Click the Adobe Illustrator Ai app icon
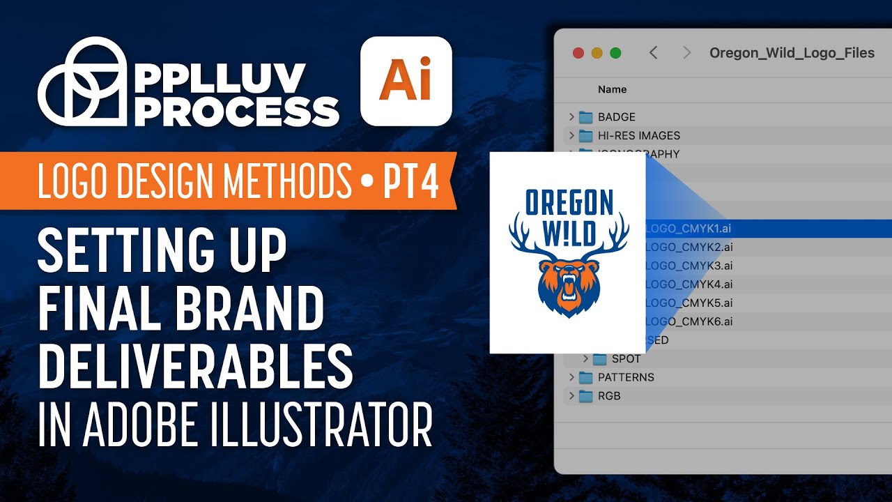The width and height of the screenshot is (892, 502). (406, 81)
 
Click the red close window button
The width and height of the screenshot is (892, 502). (578, 53)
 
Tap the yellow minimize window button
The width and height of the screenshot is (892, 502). (597, 53)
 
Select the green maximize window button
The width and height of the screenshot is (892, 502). (615, 53)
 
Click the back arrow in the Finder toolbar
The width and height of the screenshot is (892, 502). (653, 53)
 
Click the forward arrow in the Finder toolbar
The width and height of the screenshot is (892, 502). (687, 53)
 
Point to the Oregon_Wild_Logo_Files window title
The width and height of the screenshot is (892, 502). (792, 53)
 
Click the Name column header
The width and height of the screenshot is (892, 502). (612, 89)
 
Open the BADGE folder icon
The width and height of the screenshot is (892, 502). (585, 117)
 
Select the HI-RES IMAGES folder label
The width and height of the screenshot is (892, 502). (638, 135)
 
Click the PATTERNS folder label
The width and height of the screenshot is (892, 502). (626, 377)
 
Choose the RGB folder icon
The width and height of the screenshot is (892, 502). (585, 396)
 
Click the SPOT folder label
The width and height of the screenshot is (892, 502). (626, 359)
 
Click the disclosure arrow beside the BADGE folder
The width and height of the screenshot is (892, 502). (571, 117)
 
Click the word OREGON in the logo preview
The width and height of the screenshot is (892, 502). (569, 202)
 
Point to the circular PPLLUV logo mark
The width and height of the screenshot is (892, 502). (82, 82)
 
